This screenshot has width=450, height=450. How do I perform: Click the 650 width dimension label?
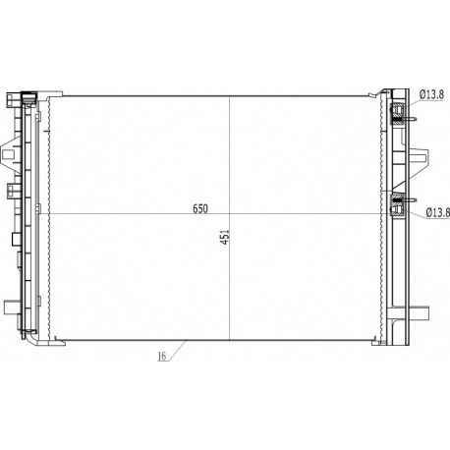tap(200, 208)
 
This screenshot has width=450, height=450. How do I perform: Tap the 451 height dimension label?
tap(225, 237)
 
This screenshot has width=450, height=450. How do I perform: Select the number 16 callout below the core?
tap(162, 356)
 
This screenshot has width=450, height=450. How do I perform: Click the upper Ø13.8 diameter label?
tap(431, 95)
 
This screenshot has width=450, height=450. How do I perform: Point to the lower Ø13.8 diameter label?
tap(438, 213)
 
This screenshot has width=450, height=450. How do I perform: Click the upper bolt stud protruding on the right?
tap(410, 119)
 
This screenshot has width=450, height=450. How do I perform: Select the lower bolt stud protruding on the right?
tap(410, 199)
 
